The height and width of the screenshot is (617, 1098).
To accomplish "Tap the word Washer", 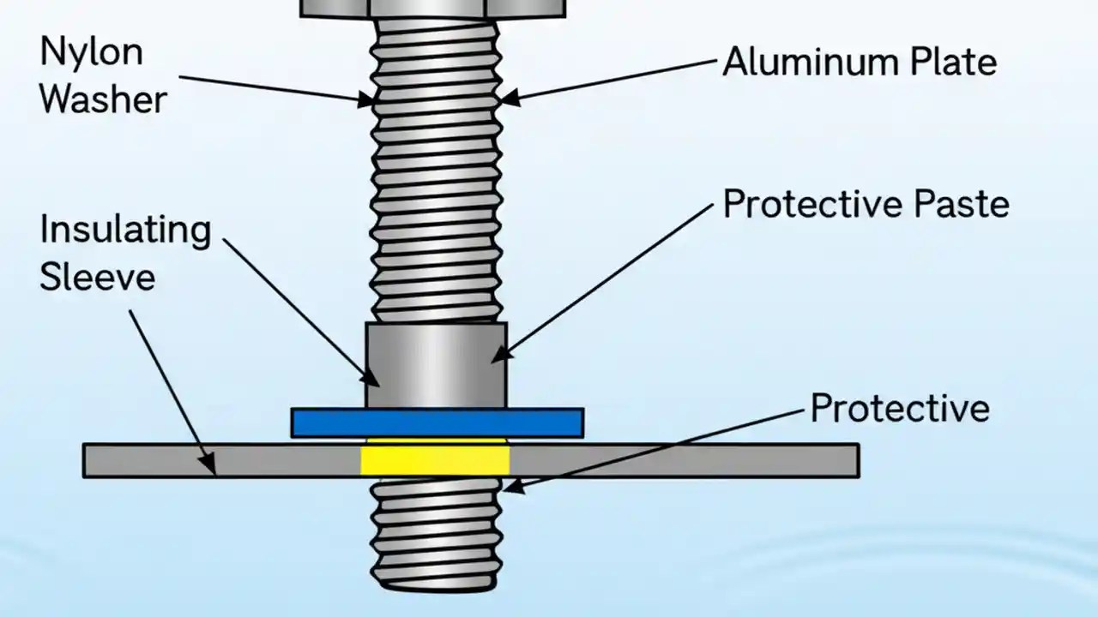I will pyautogui.click(x=103, y=99).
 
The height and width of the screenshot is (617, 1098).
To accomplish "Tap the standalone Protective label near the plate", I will pyautogui.click(x=900, y=409).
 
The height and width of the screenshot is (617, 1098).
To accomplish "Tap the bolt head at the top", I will pyautogui.click(x=433, y=8).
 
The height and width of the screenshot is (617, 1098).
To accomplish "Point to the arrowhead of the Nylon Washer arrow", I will pyautogui.click(x=371, y=102).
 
